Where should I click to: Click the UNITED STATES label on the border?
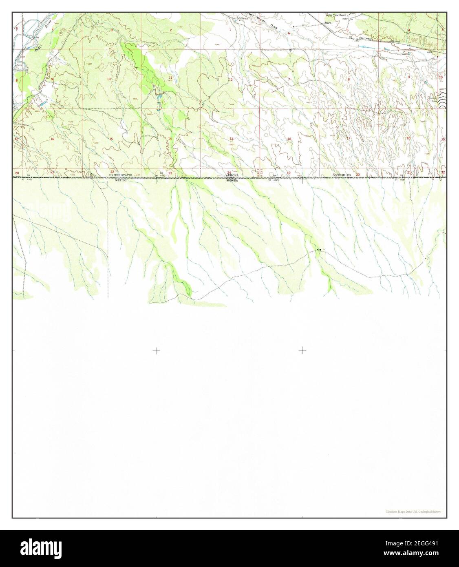point(120,175)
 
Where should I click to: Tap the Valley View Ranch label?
point(335,15)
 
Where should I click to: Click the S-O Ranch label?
point(242,18)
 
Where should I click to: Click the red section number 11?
point(170,78)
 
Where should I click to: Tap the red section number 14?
point(170,139)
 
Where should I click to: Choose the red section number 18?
point(289,139)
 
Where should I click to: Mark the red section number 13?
point(231,139)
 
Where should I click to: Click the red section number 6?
point(289,33)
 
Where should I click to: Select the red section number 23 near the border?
point(170,173)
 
